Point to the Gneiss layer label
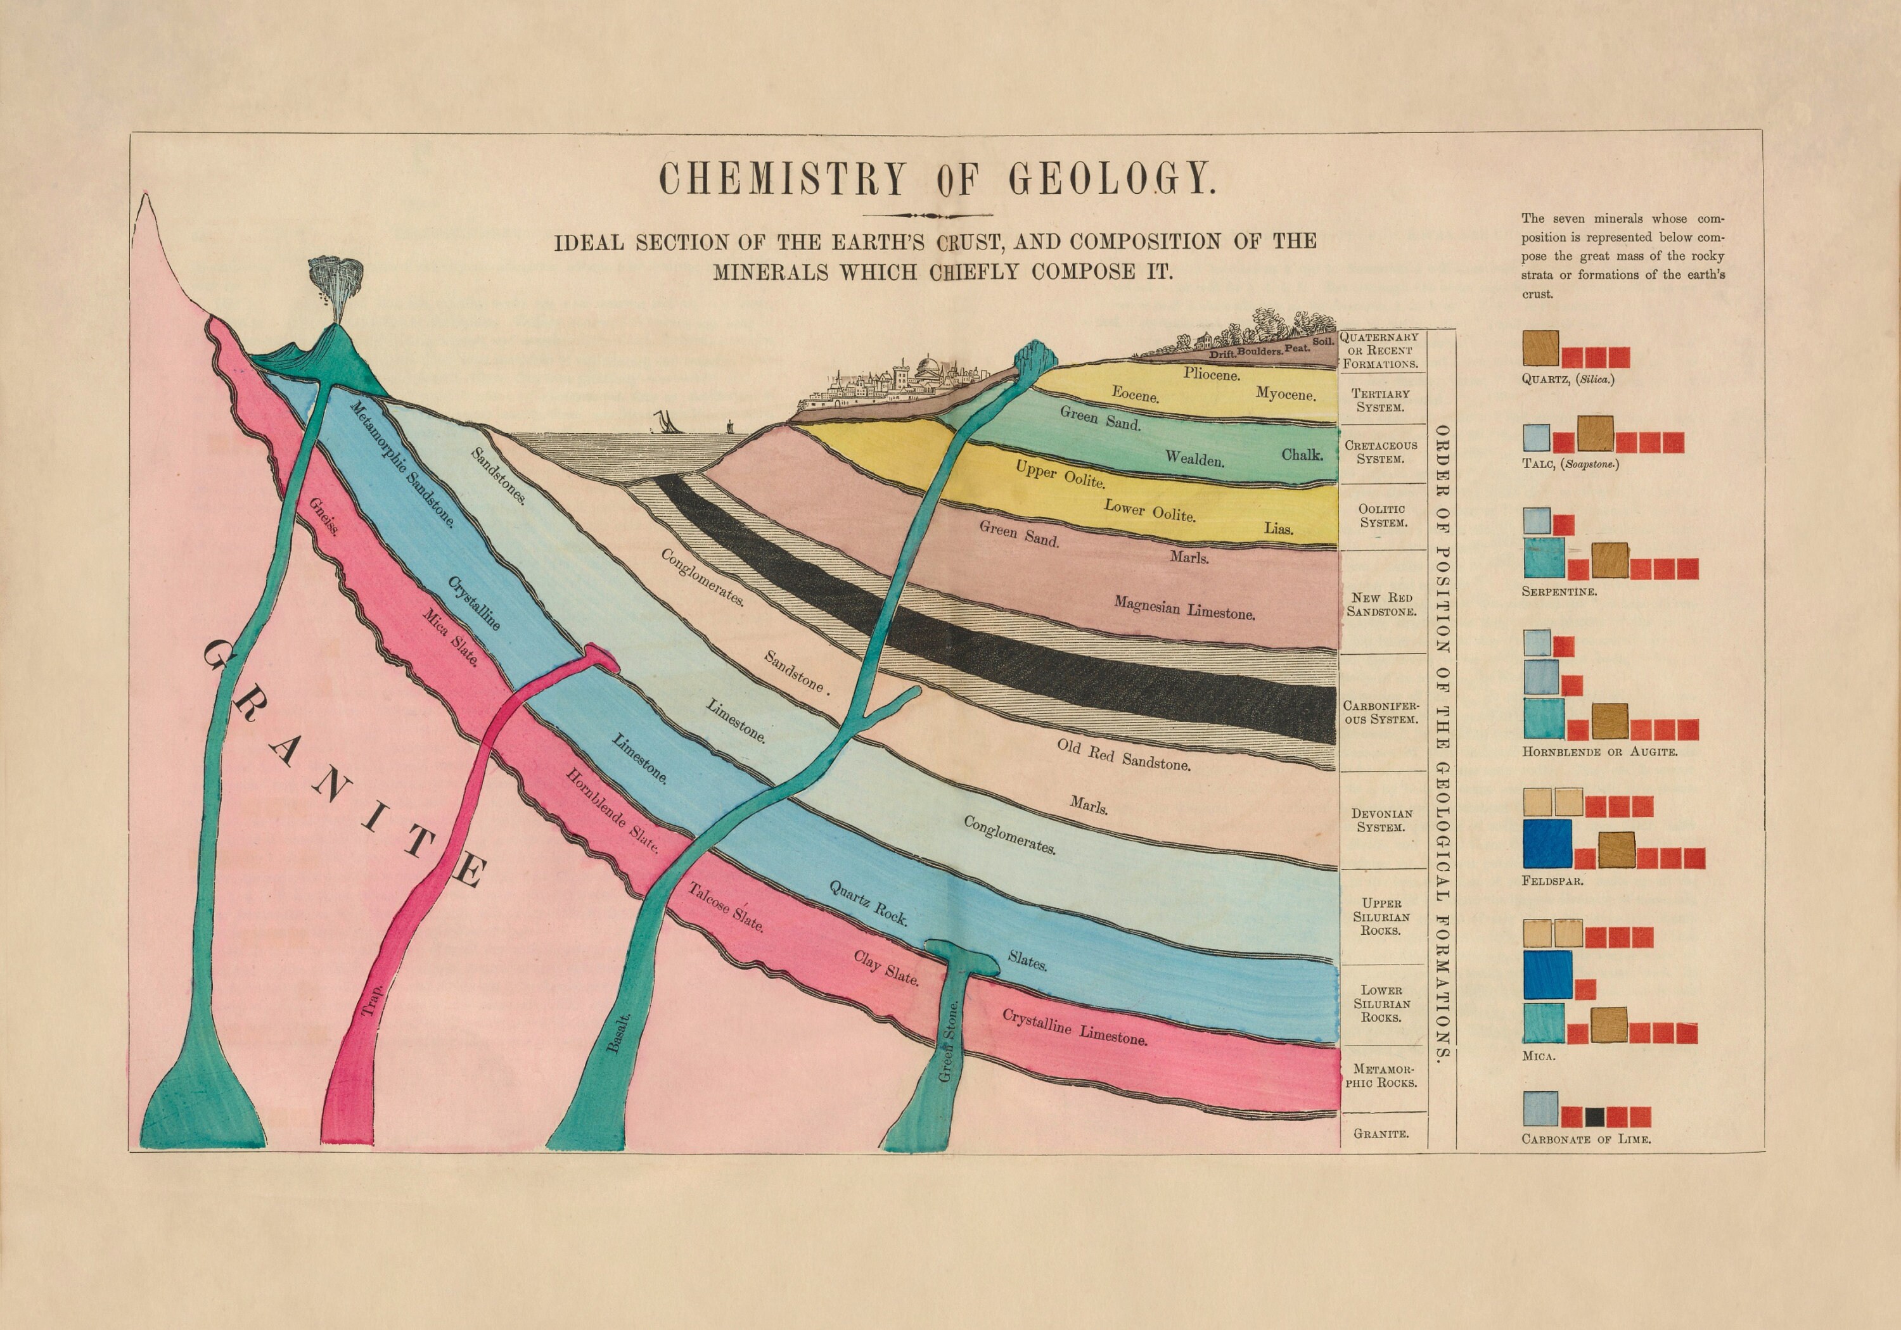click(323, 516)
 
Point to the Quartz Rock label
click(869, 902)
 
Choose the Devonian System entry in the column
click(1380, 820)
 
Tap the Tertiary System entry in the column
click(1380, 400)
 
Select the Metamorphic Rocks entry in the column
click(1380, 1076)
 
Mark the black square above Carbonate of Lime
click(1596, 1117)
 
